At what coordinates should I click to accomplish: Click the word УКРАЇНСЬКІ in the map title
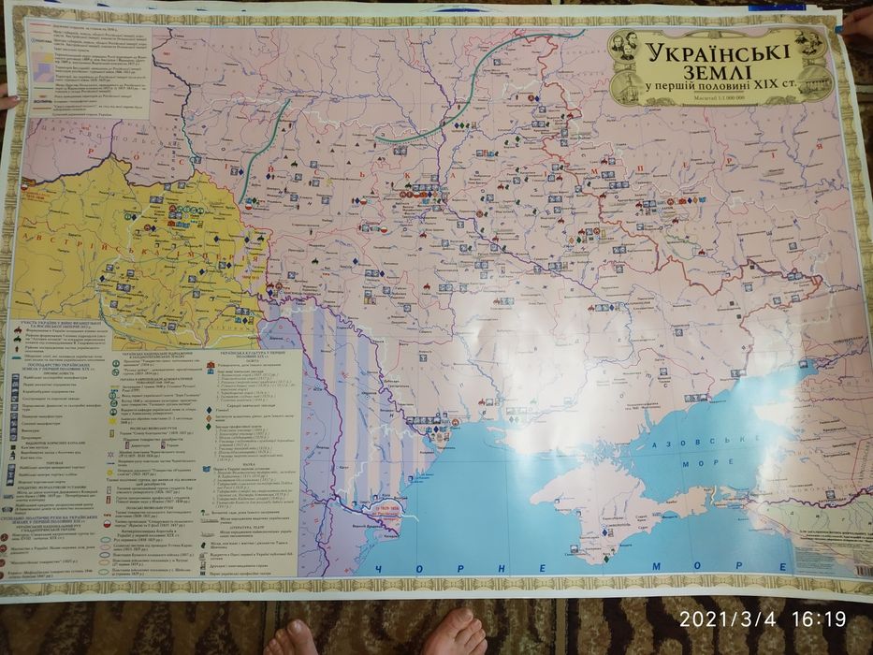pos(720,48)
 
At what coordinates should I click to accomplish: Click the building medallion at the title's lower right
pos(819,87)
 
